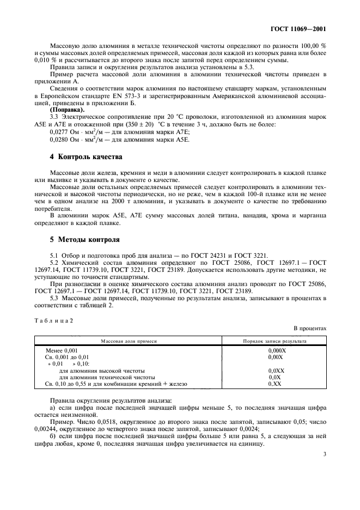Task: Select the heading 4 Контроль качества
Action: coord(83,156)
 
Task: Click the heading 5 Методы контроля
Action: coord(81,239)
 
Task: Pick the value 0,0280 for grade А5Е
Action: coord(61,139)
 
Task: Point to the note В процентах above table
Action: coord(310,329)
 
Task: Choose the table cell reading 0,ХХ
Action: coord(274,384)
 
